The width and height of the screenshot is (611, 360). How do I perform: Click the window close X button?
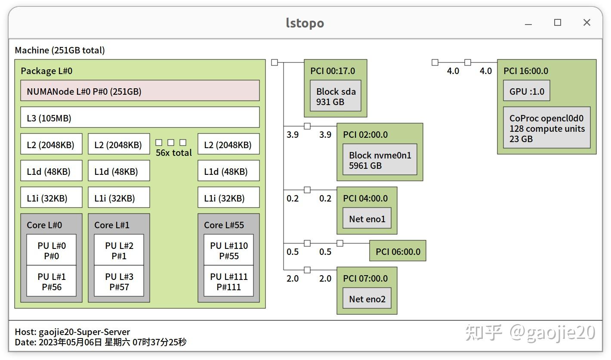pyautogui.click(x=586, y=23)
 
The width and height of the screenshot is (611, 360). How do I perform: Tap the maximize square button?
pyautogui.click(x=558, y=23)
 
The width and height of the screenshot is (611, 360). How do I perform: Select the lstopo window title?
pyautogui.click(x=305, y=23)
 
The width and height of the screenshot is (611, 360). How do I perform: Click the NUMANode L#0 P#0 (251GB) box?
pyautogui.click(x=140, y=91)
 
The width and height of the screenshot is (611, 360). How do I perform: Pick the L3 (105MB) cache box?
pyautogui.click(x=140, y=118)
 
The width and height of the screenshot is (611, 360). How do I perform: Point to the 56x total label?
pyautogui.click(x=174, y=153)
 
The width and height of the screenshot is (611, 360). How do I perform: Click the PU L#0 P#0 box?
pyautogui.click(x=52, y=251)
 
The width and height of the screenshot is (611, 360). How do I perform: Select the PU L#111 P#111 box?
pyautogui.click(x=228, y=282)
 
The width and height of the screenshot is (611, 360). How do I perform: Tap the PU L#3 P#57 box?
pyautogui.click(x=119, y=282)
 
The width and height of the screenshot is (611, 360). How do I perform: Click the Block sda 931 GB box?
pyautogui.click(x=336, y=96)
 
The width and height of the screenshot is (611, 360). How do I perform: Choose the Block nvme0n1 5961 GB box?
pyautogui.click(x=380, y=160)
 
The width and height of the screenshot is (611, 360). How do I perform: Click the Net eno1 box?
pyautogui.click(x=367, y=219)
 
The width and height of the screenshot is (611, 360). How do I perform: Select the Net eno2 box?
pyautogui.click(x=367, y=299)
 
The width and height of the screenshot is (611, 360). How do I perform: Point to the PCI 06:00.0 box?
pyautogui.click(x=398, y=251)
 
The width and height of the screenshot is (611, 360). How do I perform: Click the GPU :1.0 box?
pyautogui.click(x=527, y=91)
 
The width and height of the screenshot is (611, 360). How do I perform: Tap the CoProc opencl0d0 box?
pyautogui.click(x=547, y=128)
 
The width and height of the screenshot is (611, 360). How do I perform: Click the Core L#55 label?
pyautogui.click(x=224, y=225)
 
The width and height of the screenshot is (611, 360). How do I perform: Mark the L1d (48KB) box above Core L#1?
pyautogui.click(x=119, y=171)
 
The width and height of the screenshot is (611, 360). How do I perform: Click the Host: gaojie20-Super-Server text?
pyautogui.click(x=72, y=332)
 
